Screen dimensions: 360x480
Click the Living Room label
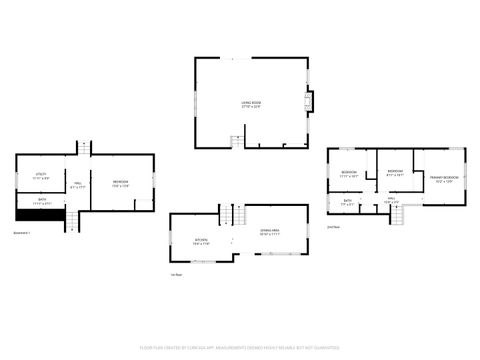point(250,103)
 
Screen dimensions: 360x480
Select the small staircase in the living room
point(236,141)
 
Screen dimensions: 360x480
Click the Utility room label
point(42,177)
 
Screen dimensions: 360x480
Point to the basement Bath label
point(42,200)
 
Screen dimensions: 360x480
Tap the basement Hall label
point(78,184)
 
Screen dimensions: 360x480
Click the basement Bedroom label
point(120,183)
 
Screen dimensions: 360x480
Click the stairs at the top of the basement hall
point(85,148)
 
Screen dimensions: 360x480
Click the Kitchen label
point(201,241)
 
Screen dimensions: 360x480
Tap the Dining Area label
point(269,233)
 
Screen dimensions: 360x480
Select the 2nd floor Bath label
point(347,203)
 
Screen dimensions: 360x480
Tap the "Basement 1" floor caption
point(22,233)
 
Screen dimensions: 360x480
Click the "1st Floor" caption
point(176,275)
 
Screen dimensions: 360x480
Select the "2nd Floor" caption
point(333,227)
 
